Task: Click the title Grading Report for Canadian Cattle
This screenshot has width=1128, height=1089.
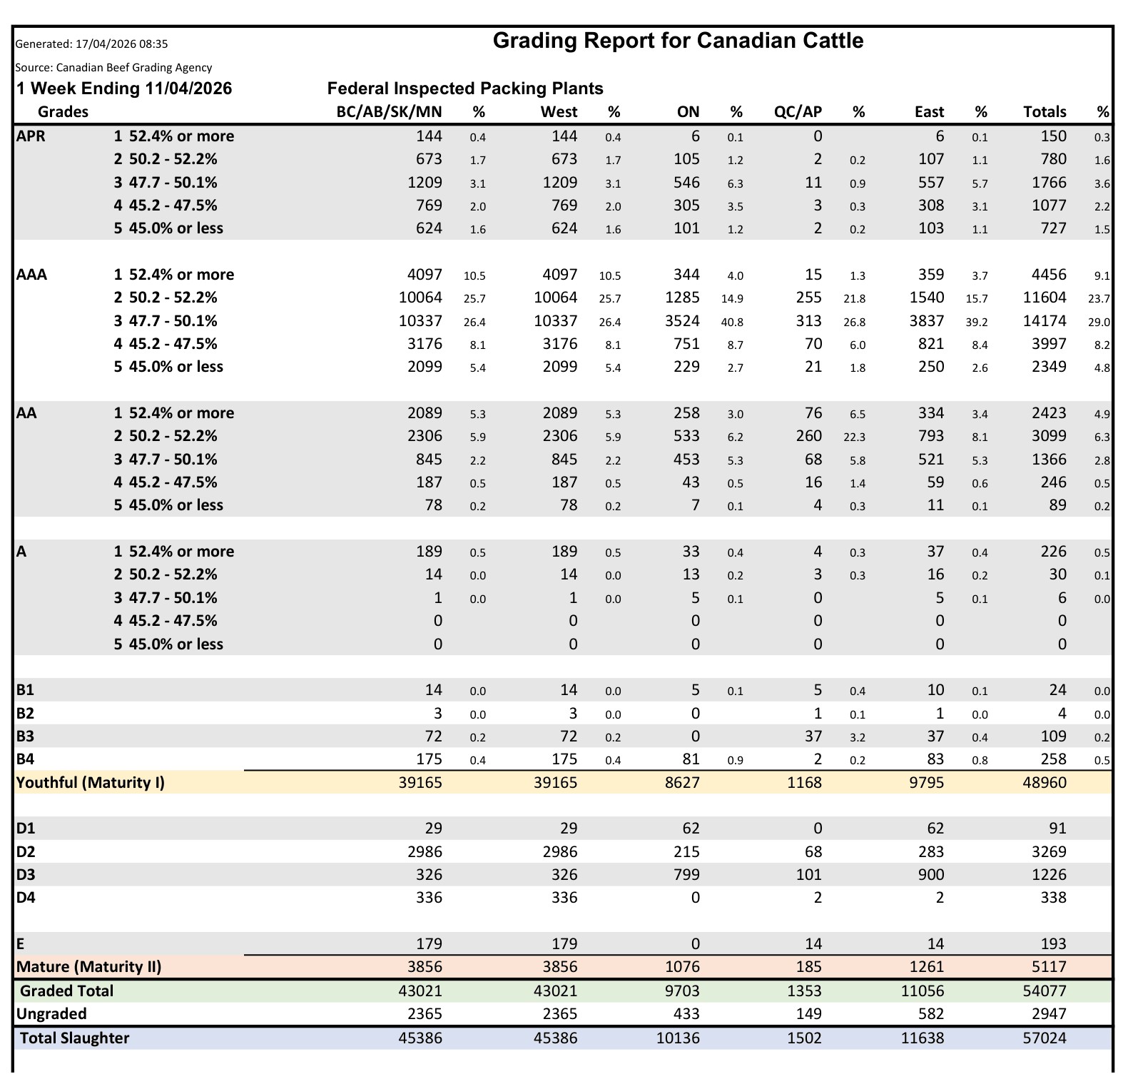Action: [678, 41]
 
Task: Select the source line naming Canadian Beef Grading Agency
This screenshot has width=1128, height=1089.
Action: [113, 68]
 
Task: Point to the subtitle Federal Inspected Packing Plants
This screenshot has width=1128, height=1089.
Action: [465, 88]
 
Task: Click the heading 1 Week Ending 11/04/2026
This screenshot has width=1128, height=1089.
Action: [124, 88]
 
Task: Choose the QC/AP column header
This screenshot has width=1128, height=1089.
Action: [798, 112]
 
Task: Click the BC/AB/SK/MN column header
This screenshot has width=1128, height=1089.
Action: [389, 112]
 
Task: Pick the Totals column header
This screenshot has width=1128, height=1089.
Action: [1045, 112]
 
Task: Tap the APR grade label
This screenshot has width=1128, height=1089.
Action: [31, 136]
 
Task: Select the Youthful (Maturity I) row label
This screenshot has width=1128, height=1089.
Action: [91, 783]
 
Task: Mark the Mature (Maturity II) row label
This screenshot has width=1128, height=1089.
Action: [89, 967]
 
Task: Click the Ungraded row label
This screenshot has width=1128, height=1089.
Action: [51, 1014]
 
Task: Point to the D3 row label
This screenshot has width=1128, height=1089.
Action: [26, 875]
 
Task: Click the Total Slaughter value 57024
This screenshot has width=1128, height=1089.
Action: [1045, 1038]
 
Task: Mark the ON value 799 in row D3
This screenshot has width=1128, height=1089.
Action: [686, 875]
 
